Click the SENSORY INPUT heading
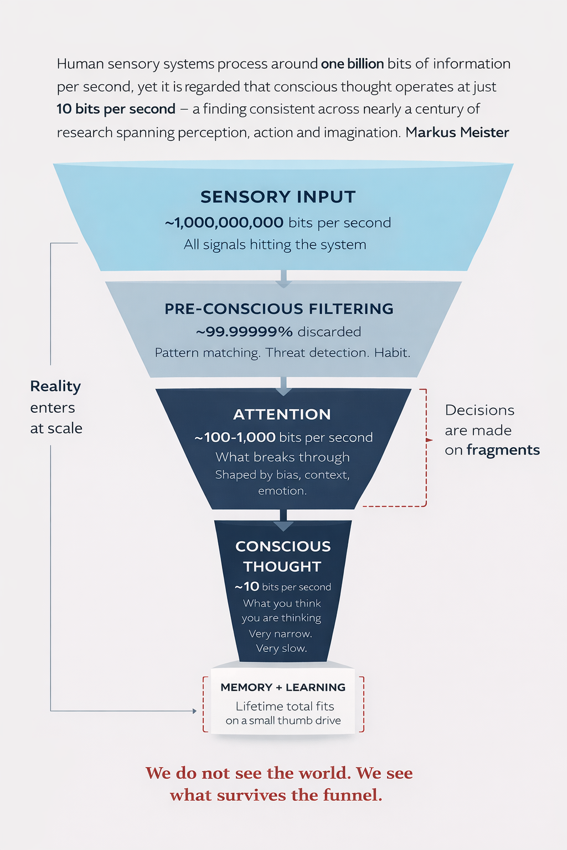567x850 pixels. pos(278,197)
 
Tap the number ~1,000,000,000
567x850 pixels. pos(224,222)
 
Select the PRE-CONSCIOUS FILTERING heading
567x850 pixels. pos(279,309)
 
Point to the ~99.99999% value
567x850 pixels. pos(244,331)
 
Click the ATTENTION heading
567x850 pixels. pos(282,414)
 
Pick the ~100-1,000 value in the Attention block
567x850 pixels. pos(235,437)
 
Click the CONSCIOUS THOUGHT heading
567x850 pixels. pos(283,556)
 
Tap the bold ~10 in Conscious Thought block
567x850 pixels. pos(247,587)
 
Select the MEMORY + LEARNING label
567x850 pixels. pos(283,687)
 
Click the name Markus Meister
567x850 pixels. pos(457,132)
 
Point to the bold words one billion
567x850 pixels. pos(352,64)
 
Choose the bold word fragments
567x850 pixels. pos(503,450)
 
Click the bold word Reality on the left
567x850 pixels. pos(55,386)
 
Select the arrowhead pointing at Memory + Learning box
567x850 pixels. pos(194,711)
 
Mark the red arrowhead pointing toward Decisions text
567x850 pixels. pos(430,440)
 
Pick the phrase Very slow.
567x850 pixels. pos(281,648)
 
